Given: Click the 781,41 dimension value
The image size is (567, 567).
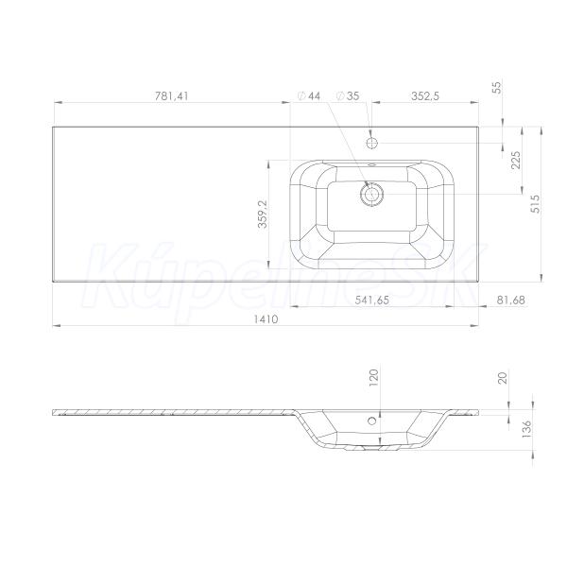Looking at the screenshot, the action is [x=171, y=96].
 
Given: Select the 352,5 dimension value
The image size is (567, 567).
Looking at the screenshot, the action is [x=425, y=96].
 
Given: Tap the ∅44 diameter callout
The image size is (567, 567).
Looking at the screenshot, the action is [x=309, y=96].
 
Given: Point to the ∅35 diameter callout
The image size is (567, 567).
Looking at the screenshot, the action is [x=348, y=96].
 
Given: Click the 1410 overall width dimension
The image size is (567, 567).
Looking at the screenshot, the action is [x=266, y=319].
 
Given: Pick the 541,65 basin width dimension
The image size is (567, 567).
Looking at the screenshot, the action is [x=371, y=301].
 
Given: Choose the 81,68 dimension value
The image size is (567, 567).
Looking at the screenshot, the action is [x=510, y=300].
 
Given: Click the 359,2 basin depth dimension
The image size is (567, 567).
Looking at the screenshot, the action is [x=263, y=215].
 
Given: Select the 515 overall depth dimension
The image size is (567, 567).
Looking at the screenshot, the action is [x=535, y=204].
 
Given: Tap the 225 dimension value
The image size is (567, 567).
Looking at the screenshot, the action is [x=516, y=161].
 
